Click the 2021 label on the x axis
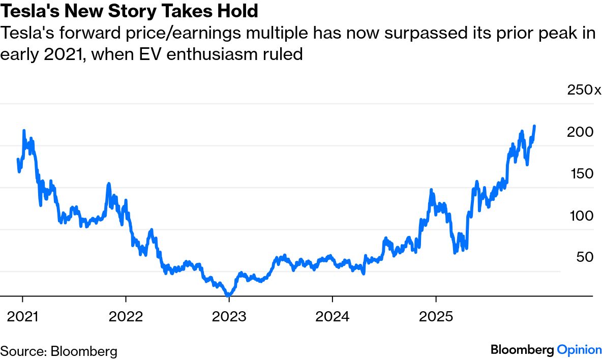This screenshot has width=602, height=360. pyautogui.click(x=22, y=316)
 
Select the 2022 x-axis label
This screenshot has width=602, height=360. pyautogui.click(x=126, y=316)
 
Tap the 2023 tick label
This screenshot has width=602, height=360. pyautogui.click(x=229, y=316)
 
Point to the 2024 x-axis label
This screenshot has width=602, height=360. pyautogui.click(x=333, y=316)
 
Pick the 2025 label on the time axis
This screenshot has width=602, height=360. pyautogui.click(x=436, y=316)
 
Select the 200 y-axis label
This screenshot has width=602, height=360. pyautogui.click(x=580, y=132)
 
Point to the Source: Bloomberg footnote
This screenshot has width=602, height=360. pyautogui.click(x=59, y=351)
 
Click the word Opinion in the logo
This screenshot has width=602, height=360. pyautogui.click(x=579, y=350)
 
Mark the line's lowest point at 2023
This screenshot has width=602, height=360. pyautogui.click(x=228, y=295)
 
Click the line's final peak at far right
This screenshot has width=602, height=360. pyautogui.click(x=534, y=126)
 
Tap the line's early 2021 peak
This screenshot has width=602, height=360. pyautogui.click(x=24, y=131)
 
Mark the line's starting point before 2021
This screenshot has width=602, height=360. pyautogui.click(x=18, y=160)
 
